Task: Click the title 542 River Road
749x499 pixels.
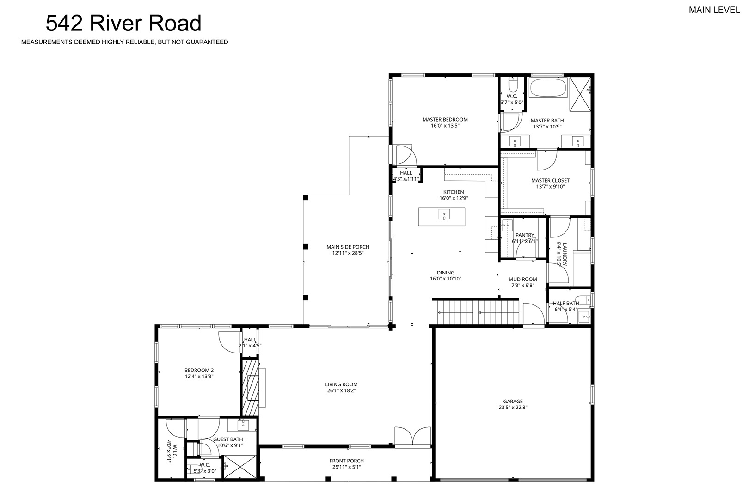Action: [x=123, y=23]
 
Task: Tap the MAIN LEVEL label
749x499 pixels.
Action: [x=714, y=10]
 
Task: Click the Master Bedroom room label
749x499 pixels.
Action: [x=445, y=119]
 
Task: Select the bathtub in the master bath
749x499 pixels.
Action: [x=548, y=88]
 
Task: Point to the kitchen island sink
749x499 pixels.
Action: [x=444, y=214]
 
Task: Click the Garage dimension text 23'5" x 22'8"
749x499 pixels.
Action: [x=513, y=408]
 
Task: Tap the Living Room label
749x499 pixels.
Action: [x=341, y=384]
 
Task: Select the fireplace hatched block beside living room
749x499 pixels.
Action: [x=250, y=387]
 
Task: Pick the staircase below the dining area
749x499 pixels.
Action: [x=478, y=312]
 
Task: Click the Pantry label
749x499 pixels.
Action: [x=525, y=235]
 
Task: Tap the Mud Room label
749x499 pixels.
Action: [x=523, y=279]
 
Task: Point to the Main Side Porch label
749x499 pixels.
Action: [x=348, y=247]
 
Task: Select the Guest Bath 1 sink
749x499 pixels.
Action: [x=243, y=425]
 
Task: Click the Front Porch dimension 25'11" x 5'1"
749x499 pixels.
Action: [x=347, y=467]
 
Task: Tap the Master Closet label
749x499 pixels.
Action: [x=550, y=181]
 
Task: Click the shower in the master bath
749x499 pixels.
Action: [x=580, y=94]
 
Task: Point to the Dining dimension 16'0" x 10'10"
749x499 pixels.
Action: [x=446, y=279]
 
